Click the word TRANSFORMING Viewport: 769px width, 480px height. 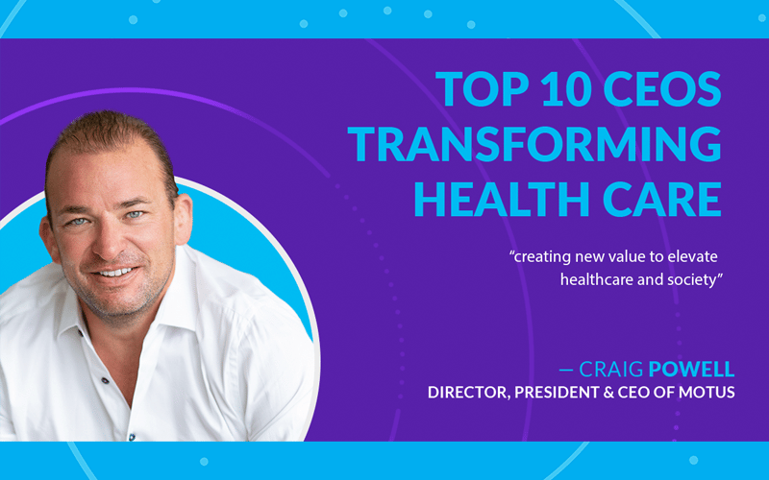coord(534,144)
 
